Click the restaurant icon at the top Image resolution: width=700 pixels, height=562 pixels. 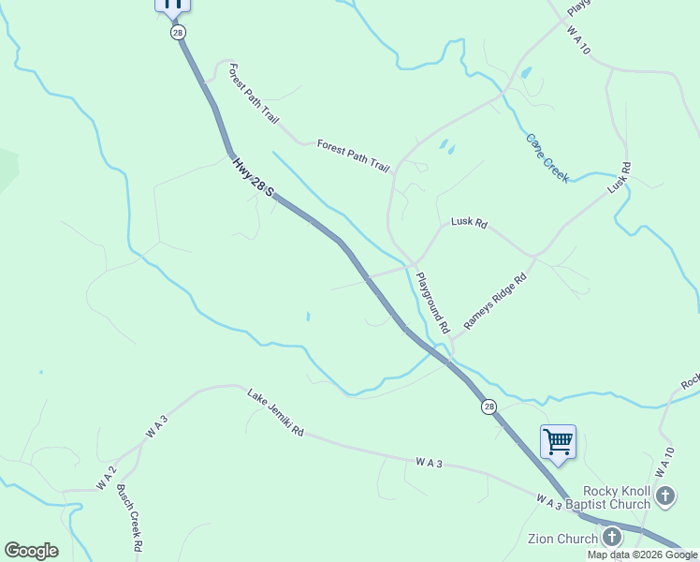(x=172, y=3)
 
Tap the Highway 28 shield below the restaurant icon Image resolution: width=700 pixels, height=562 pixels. (x=178, y=32)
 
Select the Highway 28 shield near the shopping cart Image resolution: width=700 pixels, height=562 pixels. (x=489, y=407)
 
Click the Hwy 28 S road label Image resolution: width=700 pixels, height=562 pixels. (x=254, y=177)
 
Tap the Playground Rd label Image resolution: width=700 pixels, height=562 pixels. (x=433, y=303)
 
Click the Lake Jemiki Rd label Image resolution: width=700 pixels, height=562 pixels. (x=276, y=413)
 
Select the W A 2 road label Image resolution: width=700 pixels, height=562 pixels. (x=106, y=478)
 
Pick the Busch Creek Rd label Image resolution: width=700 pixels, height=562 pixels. (x=130, y=518)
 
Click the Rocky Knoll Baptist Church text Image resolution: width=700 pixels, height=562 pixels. (x=616, y=497)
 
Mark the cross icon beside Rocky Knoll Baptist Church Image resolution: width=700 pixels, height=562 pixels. (x=665, y=495)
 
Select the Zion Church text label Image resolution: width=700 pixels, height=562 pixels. (x=563, y=539)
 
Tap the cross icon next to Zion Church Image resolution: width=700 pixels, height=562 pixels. (x=612, y=537)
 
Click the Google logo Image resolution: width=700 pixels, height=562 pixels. (x=31, y=551)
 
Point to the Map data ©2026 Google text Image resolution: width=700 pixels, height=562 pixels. (x=642, y=555)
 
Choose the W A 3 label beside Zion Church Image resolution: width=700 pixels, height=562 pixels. (x=549, y=503)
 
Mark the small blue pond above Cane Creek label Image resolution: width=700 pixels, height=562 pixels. (x=526, y=72)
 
